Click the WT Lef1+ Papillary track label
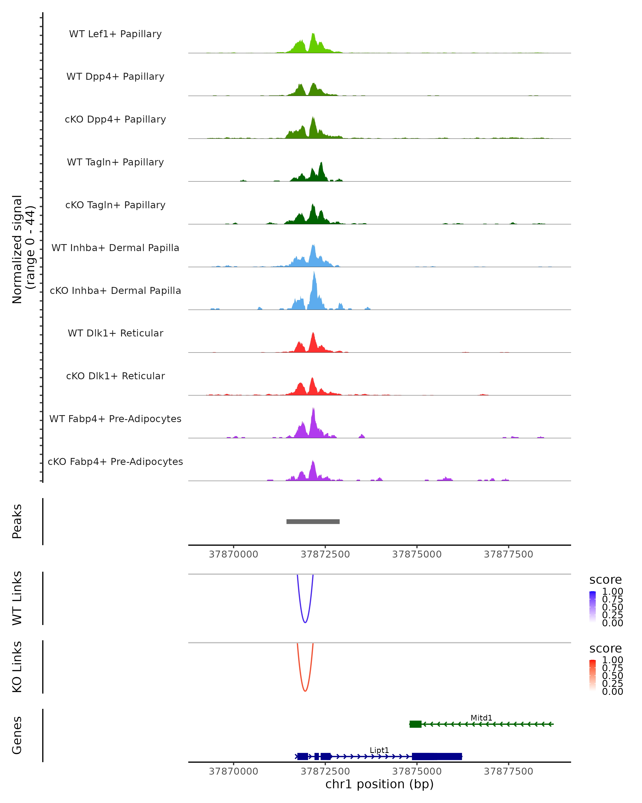115,34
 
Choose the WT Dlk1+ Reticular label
115,333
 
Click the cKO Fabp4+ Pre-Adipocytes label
115,461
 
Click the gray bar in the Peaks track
313,521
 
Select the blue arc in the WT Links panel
305,622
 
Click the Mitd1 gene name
481,718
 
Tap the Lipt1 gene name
379,750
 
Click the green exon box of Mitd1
415,724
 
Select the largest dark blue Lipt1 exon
437,756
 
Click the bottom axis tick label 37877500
509,771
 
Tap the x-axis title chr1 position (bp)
379,784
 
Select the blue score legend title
605,579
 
